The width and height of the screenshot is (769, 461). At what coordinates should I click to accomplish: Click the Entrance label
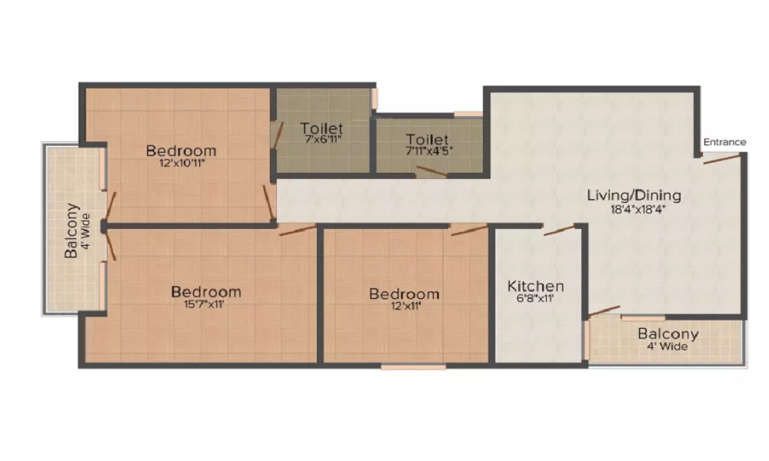[724, 142]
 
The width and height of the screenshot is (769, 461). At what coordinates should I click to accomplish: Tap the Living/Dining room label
[634, 195]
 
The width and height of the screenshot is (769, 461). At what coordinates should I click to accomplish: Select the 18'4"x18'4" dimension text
[634, 208]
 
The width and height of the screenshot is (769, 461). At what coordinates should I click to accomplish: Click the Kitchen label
[536, 287]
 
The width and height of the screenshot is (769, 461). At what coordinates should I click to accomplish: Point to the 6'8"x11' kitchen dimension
[536, 299]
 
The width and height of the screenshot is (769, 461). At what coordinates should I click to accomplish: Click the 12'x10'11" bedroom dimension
[181, 163]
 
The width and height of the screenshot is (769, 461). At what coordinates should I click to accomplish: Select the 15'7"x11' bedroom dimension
[205, 304]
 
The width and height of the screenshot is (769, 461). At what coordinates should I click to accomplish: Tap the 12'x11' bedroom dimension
[404, 306]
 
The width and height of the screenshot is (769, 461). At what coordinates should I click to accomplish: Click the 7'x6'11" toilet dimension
[321, 140]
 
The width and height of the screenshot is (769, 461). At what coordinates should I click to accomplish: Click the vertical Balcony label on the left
[71, 230]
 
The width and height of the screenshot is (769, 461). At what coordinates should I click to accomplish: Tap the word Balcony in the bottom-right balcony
[668, 334]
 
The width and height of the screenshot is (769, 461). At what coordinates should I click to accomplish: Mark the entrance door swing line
[721, 159]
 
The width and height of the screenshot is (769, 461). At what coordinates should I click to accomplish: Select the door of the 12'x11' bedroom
[469, 230]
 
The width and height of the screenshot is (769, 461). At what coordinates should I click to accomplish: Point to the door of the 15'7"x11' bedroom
[298, 230]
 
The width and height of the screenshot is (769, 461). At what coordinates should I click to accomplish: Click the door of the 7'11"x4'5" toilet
[431, 172]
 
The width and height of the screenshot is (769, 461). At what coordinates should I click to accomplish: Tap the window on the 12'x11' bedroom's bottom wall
[413, 367]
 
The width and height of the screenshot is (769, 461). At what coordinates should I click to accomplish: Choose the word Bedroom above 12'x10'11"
[181, 151]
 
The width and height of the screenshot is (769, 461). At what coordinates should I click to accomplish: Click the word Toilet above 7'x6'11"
[321, 128]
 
